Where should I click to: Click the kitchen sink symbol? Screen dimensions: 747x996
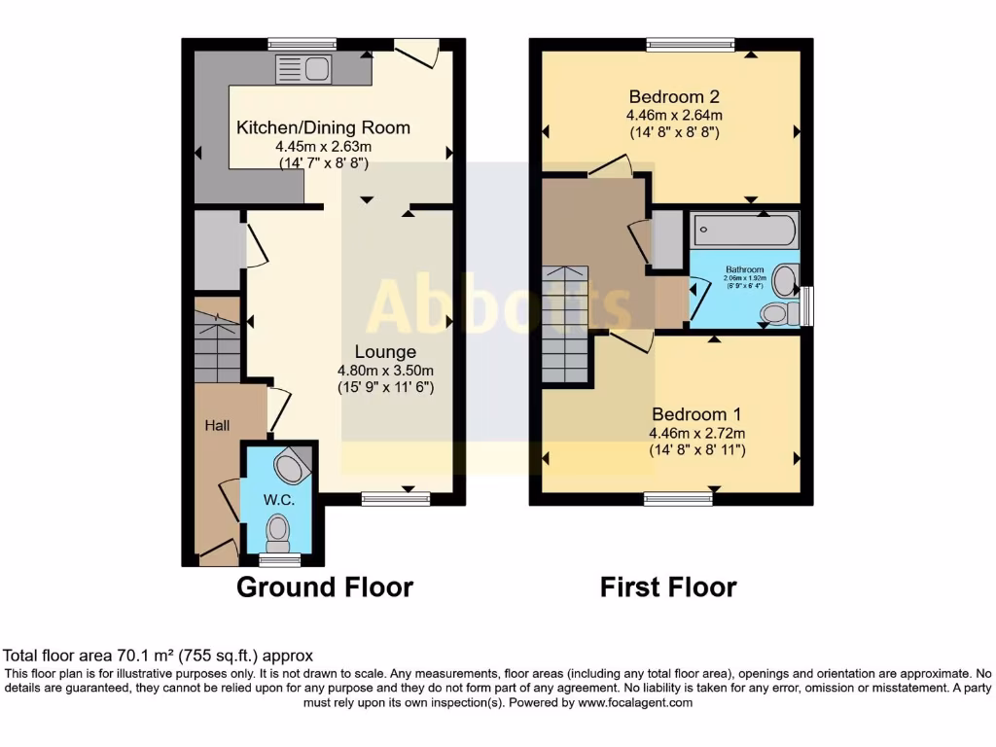(304, 69)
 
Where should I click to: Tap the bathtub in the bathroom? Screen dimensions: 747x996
(744, 232)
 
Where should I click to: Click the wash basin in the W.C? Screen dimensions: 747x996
(291, 468)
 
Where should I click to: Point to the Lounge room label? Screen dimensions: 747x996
(385, 352)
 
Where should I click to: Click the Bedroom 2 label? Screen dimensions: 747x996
(674, 96)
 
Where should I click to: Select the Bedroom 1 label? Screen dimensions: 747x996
(690, 414)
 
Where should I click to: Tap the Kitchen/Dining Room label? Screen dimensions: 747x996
(324, 127)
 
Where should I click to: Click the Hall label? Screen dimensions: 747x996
(216, 425)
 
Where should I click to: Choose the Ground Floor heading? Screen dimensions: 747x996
(325, 587)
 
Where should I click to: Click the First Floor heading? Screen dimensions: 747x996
(668, 587)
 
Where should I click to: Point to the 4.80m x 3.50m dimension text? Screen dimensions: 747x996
(385, 370)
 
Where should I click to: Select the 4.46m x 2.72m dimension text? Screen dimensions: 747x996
(691, 433)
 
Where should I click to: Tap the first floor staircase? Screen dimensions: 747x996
(565, 326)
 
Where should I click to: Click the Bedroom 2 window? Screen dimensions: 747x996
(692, 44)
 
